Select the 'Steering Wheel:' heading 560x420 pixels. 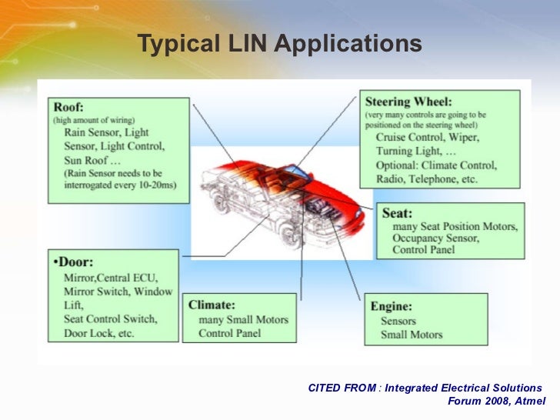click(x=408, y=102)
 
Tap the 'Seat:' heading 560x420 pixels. click(x=398, y=213)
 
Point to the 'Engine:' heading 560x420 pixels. click(x=392, y=306)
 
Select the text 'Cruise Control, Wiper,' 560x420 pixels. click(x=428, y=138)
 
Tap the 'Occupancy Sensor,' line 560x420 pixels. click(x=435, y=238)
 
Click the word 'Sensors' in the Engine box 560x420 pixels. click(x=398, y=321)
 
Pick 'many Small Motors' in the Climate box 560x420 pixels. click(x=243, y=320)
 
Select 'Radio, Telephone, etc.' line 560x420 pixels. click(x=427, y=179)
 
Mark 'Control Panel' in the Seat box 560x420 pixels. click(x=423, y=251)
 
